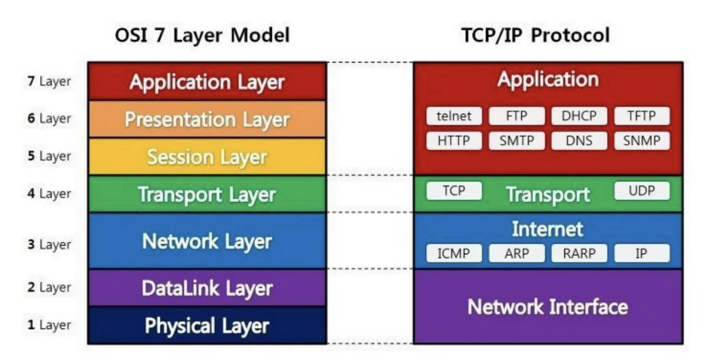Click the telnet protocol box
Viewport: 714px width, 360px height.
click(x=454, y=117)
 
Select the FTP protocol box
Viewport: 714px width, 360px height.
click(x=516, y=117)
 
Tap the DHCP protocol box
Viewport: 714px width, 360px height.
click(x=579, y=117)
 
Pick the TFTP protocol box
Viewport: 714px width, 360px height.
click(x=641, y=117)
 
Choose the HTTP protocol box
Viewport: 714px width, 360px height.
click(x=454, y=141)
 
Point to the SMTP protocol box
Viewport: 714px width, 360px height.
click(x=516, y=141)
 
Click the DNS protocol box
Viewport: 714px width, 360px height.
click(x=579, y=141)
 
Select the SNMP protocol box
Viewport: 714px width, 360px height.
click(x=641, y=141)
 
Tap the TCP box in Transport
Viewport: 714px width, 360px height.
click(x=454, y=191)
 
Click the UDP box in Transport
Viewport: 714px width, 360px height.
click(x=641, y=191)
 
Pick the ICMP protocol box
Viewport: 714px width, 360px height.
click(x=454, y=253)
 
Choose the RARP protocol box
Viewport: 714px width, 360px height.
click(x=579, y=253)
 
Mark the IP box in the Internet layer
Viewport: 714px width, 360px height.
click(x=641, y=253)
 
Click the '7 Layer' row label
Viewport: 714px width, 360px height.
click(x=49, y=81)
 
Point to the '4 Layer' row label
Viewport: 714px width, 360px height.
click(x=49, y=194)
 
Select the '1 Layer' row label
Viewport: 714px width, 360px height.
click(x=49, y=325)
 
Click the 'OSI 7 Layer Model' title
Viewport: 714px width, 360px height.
click(x=202, y=35)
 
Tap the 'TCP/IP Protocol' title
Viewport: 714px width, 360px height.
click(x=535, y=35)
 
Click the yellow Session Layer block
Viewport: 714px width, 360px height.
click(x=207, y=157)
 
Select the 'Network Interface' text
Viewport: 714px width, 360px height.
click(x=547, y=307)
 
